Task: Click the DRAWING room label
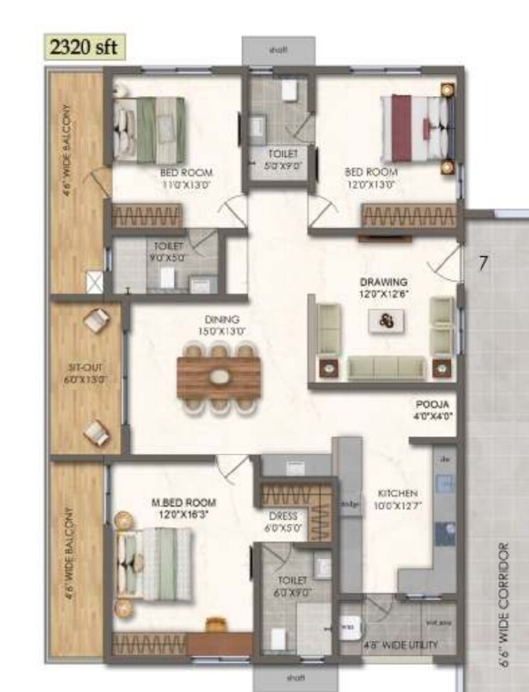(383, 282)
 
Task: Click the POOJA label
(432, 405)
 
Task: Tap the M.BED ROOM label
(183, 503)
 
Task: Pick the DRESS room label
(283, 516)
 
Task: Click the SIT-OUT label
(85, 368)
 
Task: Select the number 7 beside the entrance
(483, 263)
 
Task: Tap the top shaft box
(278, 51)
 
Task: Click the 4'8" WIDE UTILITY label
(401, 645)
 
